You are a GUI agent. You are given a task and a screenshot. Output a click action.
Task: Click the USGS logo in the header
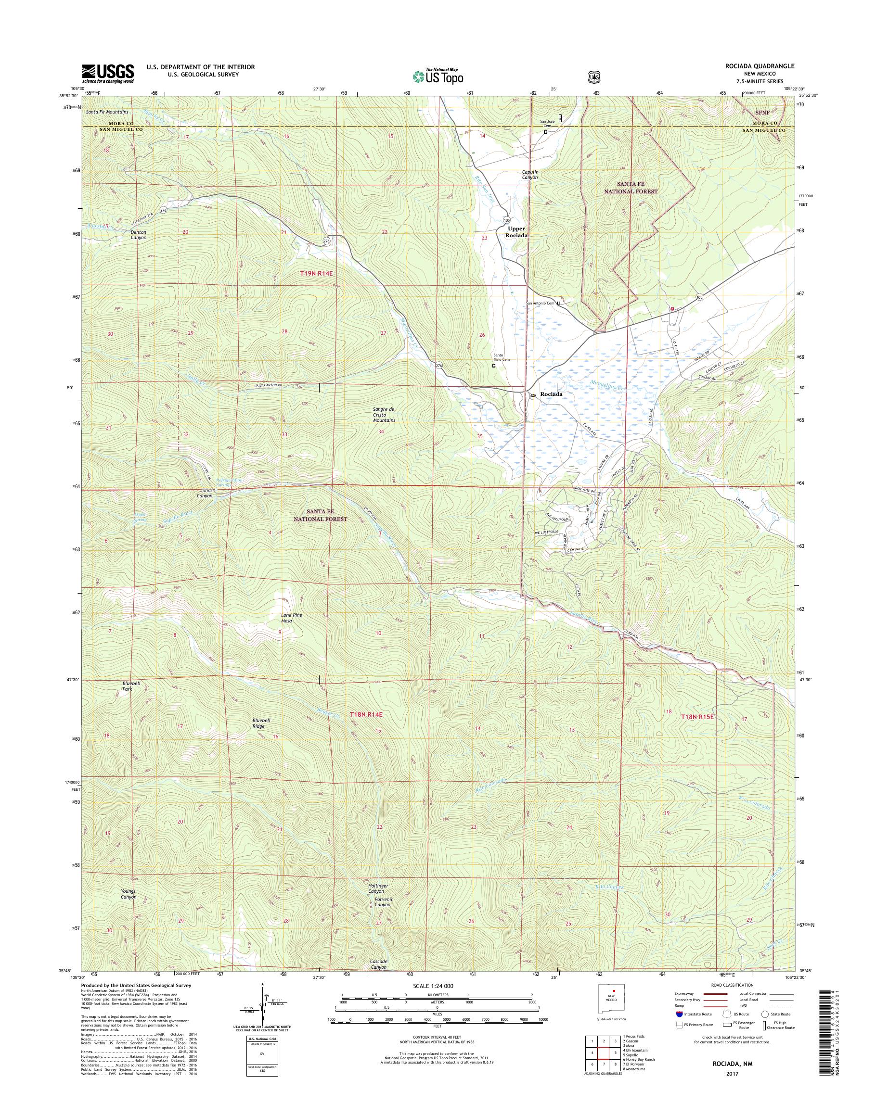tap(108, 73)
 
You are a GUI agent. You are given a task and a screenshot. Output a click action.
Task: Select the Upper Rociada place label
tap(517, 232)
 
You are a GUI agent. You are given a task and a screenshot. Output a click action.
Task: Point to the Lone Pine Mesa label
tap(286, 618)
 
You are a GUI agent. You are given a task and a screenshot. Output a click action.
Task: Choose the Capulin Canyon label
tap(527, 174)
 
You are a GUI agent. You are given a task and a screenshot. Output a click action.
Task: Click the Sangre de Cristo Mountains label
tap(384, 414)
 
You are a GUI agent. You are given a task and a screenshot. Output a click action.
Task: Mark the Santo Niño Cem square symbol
tap(494, 366)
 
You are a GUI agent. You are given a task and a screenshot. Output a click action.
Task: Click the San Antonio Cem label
tap(540, 303)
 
